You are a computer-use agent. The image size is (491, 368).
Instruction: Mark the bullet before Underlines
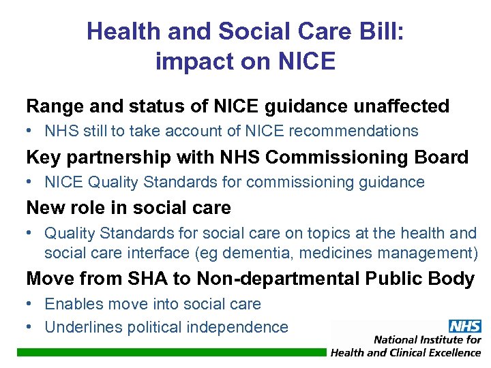30,327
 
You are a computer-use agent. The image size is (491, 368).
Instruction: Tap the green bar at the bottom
170,352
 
